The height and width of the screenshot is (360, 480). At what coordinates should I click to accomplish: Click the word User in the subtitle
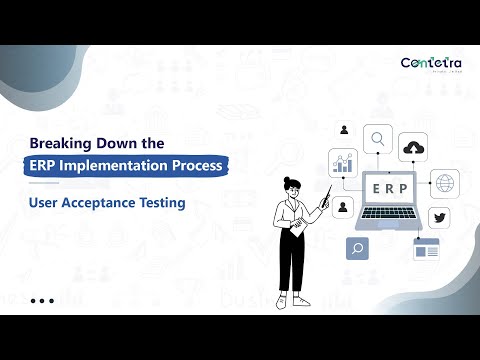pyautogui.click(x=46, y=203)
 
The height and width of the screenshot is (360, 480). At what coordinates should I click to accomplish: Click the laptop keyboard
pyautogui.click(x=382, y=222)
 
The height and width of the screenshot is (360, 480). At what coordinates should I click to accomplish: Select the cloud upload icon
pyautogui.click(x=413, y=148)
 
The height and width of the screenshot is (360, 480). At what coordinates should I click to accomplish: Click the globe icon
pyautogui.click(x=445, y=184)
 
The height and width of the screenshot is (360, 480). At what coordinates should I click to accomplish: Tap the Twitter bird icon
pyautogui.click(x=439, y=218)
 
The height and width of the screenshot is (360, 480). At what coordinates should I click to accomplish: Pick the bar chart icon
pyautogui.click(x=344, y=162)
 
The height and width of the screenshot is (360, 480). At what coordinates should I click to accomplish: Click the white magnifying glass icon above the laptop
pyautogui.click(x=378, y=138)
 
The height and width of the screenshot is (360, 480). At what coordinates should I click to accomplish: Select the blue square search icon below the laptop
pyautogui.click(x=357, y=248)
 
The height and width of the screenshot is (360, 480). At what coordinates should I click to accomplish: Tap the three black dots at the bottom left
pyautogui.click(x=42, y=300)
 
